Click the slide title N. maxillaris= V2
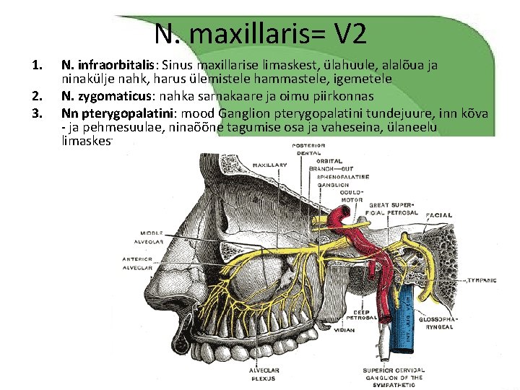point(260,32)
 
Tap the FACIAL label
point(439,214)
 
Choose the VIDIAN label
point(344,331)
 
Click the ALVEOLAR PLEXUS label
point(264,372)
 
